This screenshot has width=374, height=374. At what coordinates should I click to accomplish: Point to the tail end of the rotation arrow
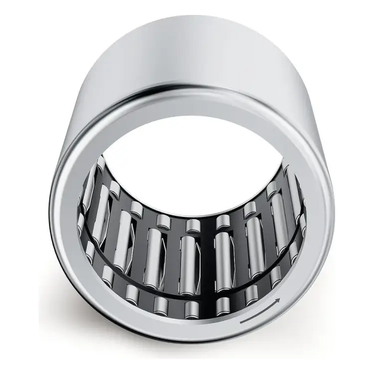(240, 323)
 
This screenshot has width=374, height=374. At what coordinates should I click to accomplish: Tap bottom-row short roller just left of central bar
(191, 309)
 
